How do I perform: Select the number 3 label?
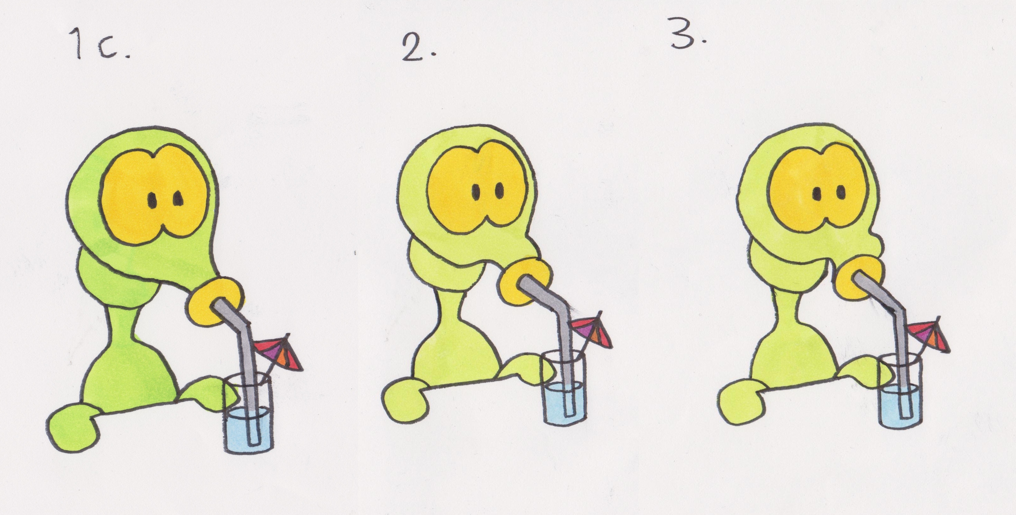point(688,35)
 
